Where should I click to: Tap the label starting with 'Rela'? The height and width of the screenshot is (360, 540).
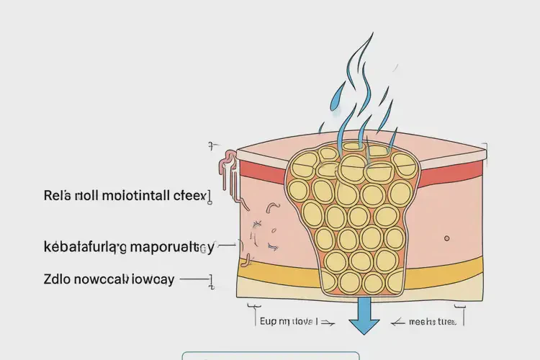[x=125, y=195]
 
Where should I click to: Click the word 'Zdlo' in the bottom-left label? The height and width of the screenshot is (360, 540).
[x=57, y=279]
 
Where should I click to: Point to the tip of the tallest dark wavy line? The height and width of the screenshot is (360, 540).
[x=372, y=34]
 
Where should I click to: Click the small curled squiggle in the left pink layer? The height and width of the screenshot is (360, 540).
[x=273, y=208]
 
